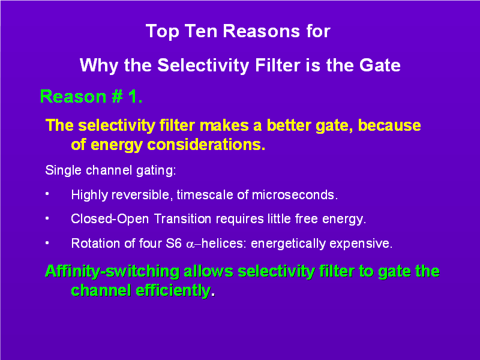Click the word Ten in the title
pyautogui.click(x=201, y=31)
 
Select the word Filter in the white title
pyautogui.click(x=278, y=65)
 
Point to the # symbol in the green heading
pyautogui.click(x=117, y=97)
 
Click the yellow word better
pyautogui.click(x=289, y=125)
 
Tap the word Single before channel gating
pyautogui.click(x=63, y=170)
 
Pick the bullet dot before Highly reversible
pyautogui.click(x=47, y=194)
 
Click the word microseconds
pyautogui.click(x=295, y=194)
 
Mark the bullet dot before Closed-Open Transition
pyautogui.click(x=47, y=218)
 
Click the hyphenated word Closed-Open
pyautogui.click(x=110, y=219)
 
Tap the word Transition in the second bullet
pyautogui.click(x=182, y=219)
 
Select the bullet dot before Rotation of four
pyautogui.click(x=47, y=243)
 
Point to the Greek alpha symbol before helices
pyautogui.click(x=190, y=245)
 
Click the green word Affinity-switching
pyautogui.click(x=112, y=272)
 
